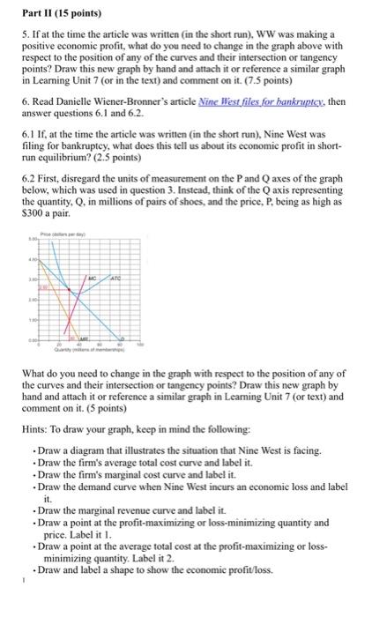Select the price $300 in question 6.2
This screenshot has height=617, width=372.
[x=33, y=222]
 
